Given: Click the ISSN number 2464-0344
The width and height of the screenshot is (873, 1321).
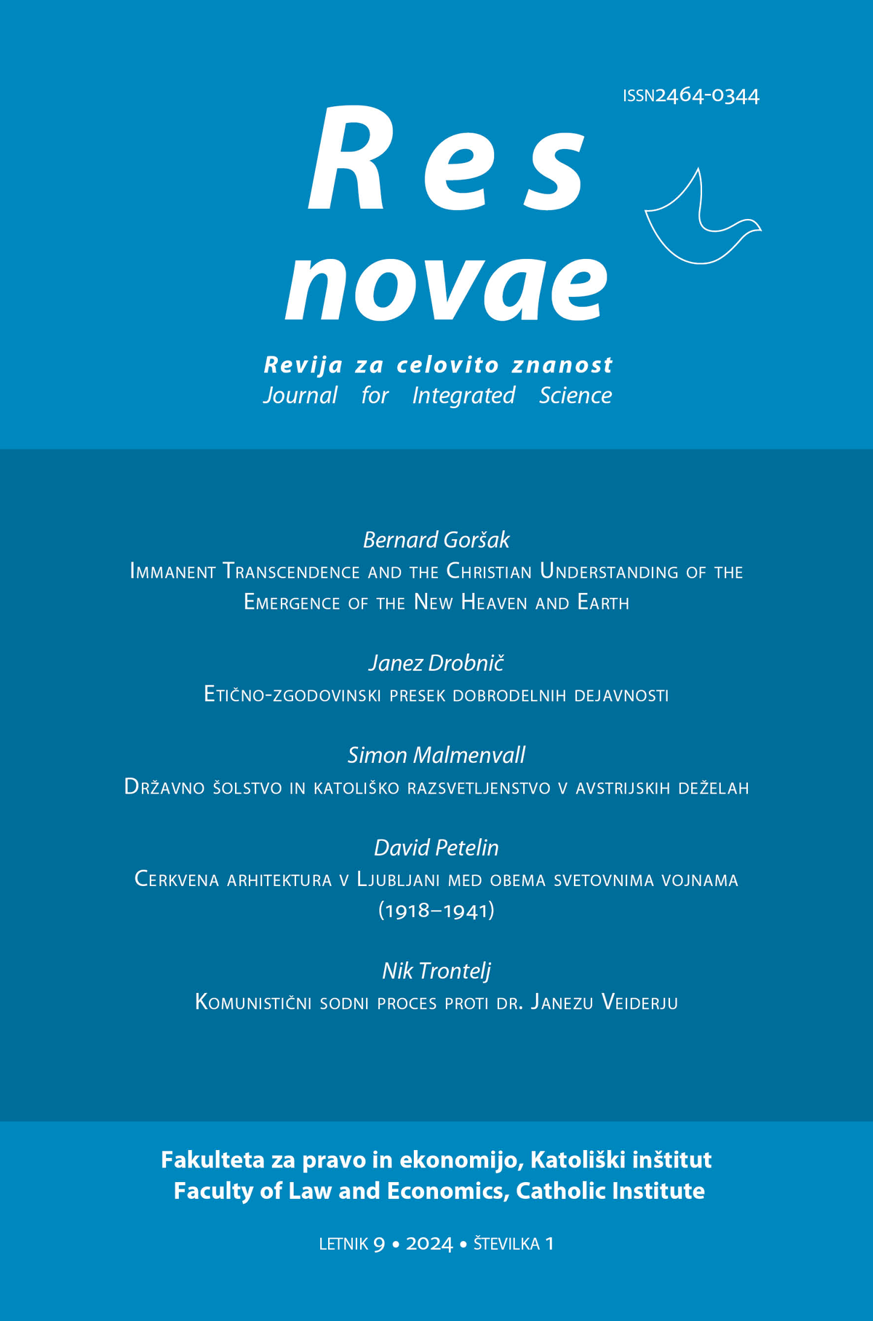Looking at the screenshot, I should [707, 96].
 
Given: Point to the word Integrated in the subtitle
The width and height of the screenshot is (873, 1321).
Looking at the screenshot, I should [463, 396].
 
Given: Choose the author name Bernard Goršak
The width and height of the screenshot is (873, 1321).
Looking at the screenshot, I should [436, 540].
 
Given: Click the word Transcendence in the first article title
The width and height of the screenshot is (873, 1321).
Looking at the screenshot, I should [291, 572].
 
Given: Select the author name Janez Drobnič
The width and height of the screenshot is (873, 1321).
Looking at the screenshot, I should [436, 663].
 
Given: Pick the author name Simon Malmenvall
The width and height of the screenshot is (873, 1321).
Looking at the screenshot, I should [436, 755].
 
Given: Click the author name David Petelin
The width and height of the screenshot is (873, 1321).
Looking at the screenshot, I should [436, 847].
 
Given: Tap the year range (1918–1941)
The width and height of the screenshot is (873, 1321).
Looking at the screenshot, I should [436, 910].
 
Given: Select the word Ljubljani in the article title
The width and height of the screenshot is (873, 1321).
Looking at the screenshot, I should [398, 879].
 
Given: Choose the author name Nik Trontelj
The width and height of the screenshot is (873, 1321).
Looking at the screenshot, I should [436, 970].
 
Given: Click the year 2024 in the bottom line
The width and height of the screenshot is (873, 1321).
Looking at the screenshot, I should [429, 1244].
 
